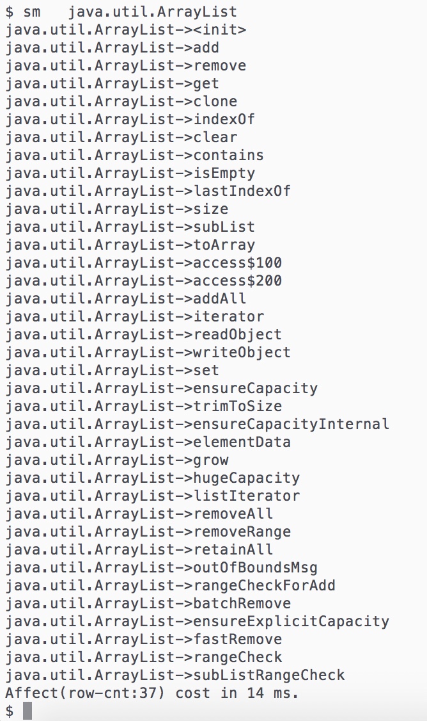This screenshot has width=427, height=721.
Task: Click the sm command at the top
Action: click(x=32, y=12)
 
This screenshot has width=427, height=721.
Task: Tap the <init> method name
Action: click(x=220, y=30)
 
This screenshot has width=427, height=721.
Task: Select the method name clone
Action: click(x=215, y=102)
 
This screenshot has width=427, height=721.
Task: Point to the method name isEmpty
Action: click(x=224, y=174)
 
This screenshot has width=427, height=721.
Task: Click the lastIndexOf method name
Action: click(x=242, y=191)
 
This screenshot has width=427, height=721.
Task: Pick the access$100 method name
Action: click(x=237, y=263)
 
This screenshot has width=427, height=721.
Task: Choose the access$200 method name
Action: click(x=237, y=281)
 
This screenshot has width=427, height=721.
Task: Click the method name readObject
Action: click(x=237, y=335)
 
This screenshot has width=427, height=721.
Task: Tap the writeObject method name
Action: click(x=242, y=353)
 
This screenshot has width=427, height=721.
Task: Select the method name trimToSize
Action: click(x=237, y=407)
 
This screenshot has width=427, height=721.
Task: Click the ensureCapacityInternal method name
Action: click(x=291, y=425)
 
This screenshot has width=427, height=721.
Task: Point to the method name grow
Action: click(x=211, y=460)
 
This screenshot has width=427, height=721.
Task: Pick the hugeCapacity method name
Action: click(x=247, y=478)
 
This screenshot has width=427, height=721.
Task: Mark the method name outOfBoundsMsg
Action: click(x=255, y=568)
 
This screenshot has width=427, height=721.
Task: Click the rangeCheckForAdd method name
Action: click(x=265, y=586)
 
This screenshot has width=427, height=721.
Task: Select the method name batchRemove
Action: click(x=242, y=604)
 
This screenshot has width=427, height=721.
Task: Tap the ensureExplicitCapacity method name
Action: click(x=291, y=622)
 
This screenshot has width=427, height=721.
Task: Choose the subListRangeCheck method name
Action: click(x=269, y=676)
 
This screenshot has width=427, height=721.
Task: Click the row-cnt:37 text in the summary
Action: click(x=113, y=693)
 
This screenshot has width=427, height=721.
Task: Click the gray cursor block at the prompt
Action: click(x=27, y=711)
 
